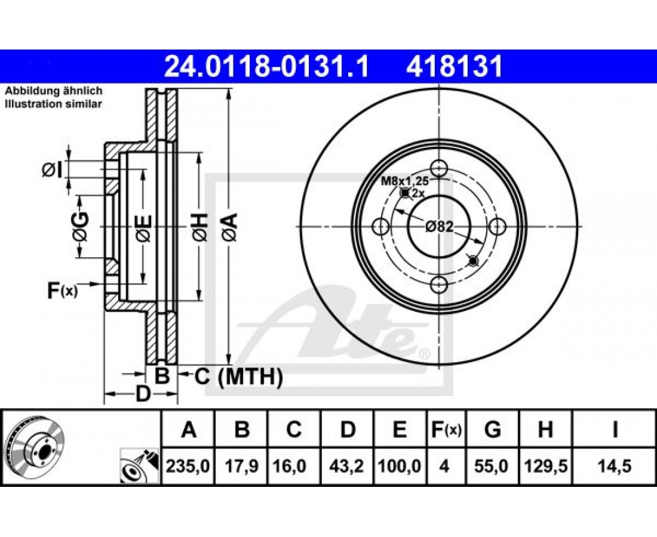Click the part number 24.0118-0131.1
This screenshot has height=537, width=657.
coord(266,67)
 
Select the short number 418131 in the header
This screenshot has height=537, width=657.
coord(454,67)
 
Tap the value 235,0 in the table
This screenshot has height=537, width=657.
coord(188,466)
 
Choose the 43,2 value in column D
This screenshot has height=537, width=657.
coord(346,466)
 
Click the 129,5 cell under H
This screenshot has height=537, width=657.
coord(545,466)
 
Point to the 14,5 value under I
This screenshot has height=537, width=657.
coord(614,466)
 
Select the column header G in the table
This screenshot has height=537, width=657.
coord(492,430)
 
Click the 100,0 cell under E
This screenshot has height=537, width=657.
coord(400,466)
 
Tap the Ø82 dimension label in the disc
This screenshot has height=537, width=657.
coord(439,227)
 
